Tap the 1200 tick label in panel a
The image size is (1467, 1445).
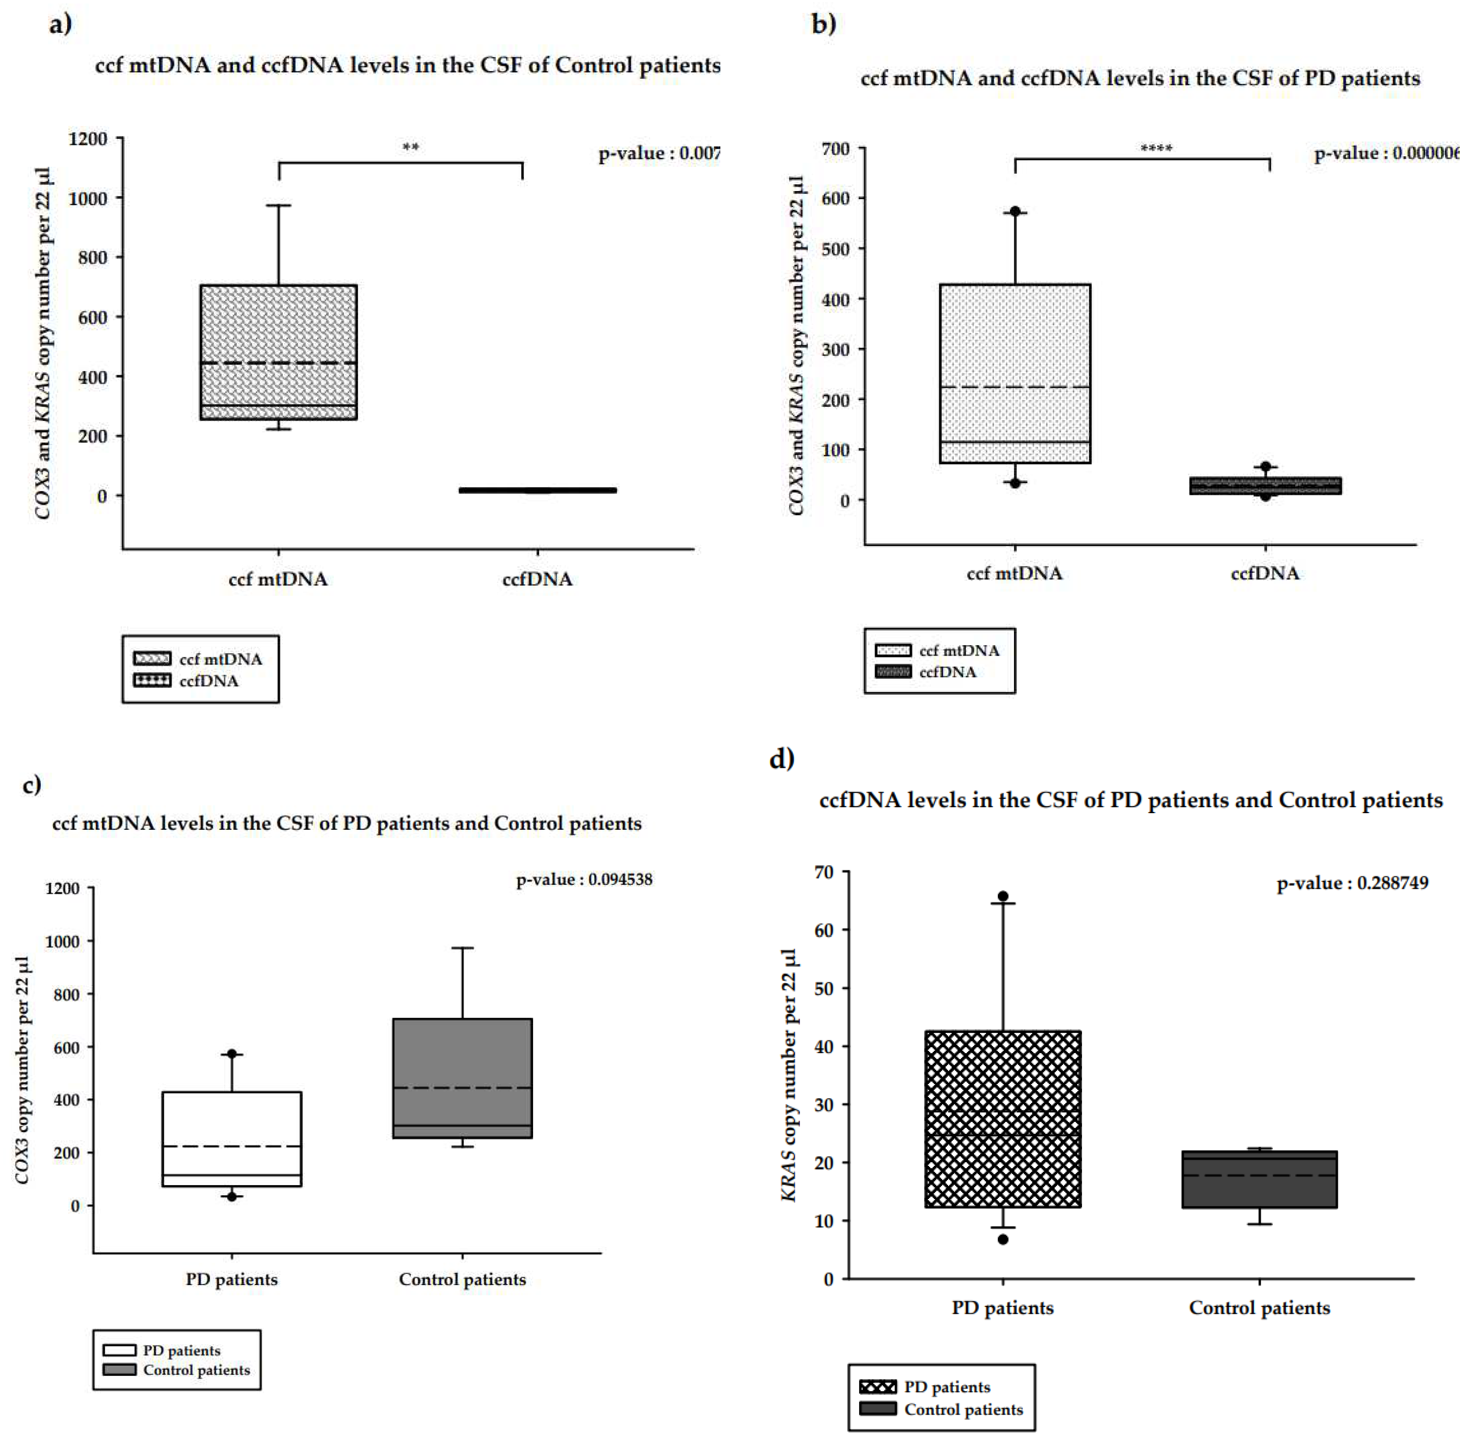pyautogui.click(x=88, y=139)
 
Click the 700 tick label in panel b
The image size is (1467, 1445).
pyautogui.click(x=835, y=149)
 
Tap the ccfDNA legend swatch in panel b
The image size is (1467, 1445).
pyautogui.click(x=893, y=671)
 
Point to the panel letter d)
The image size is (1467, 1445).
pyautogui.click(x=781, y=758)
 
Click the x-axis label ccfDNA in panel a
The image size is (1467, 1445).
pyautogui.click(x=537, y=580)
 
